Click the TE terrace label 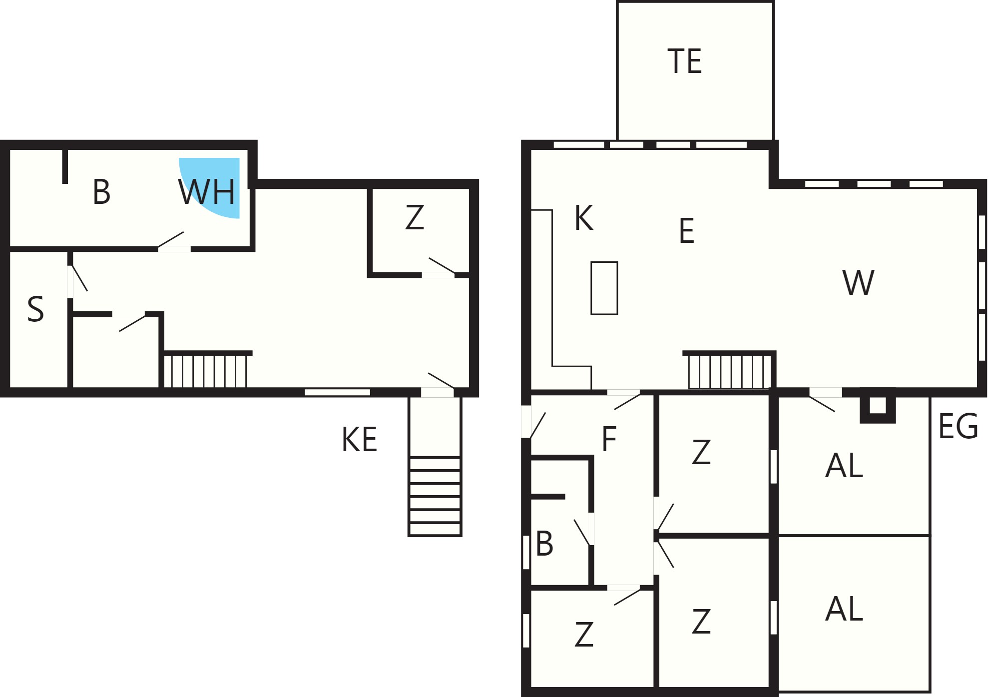684,61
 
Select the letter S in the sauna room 35,309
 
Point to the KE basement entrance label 359,440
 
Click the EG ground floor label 958,427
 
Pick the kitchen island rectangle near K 604,288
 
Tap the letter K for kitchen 584,218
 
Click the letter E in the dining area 687,231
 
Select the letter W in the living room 858,282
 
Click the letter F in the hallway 609,439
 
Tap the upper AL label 844,466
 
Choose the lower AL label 844,609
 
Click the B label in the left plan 101,192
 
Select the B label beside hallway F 544,544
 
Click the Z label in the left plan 415,218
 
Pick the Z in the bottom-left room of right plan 583,635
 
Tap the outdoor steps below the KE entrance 435,496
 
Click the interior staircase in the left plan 205,371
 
